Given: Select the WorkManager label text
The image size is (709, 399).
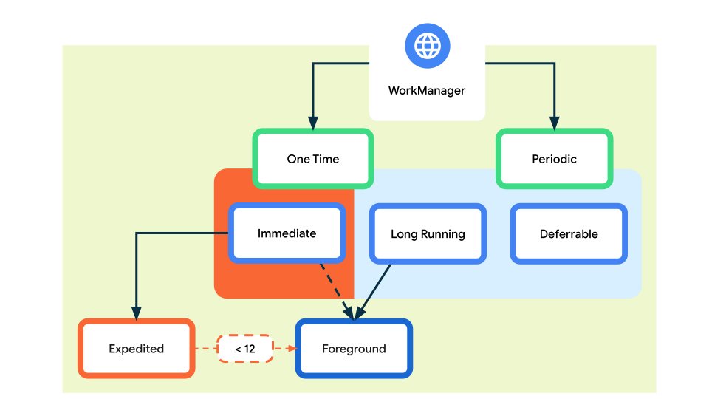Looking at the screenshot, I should pyautogui.click(x=427, y=91).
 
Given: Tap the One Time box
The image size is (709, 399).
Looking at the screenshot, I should pyautogui.click(x=312, y=159).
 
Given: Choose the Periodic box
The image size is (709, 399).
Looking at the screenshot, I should pyautogui.click(x=554, y=159).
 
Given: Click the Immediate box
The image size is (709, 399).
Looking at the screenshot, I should pyautogui.click(x=287, y=233).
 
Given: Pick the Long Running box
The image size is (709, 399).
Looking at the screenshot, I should pyautogui.click(x=428, y=234).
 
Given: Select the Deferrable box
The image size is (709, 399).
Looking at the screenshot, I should pyautogui.click(x=569, y=234).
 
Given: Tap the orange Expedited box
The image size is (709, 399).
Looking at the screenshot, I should pyautogui.click(x=136, y=349).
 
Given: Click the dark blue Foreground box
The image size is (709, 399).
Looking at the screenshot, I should pyautogui.click(x=354, y=349).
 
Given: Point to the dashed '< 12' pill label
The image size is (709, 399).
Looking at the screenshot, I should pyautogui.click(x=245, y=349).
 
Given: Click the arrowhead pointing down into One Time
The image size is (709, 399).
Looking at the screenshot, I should pyautogui.click(x=312, y=123).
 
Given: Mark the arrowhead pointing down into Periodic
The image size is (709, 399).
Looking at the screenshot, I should pyautogui.click(x=554, y=123).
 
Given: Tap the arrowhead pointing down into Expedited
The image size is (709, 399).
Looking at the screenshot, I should pyautogui.click(x=136, y=313).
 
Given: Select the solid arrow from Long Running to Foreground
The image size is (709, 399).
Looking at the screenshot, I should pyautogui.click(x=374, y=290).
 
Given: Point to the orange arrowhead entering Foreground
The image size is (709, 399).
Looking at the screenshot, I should pyautogui.click(x=290, y=349).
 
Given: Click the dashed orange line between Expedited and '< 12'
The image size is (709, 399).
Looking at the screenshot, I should pyautogui.click(x=205, y=349).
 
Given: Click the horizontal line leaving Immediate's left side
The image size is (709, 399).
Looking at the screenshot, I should pyautogui.click(x=181, y=233).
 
